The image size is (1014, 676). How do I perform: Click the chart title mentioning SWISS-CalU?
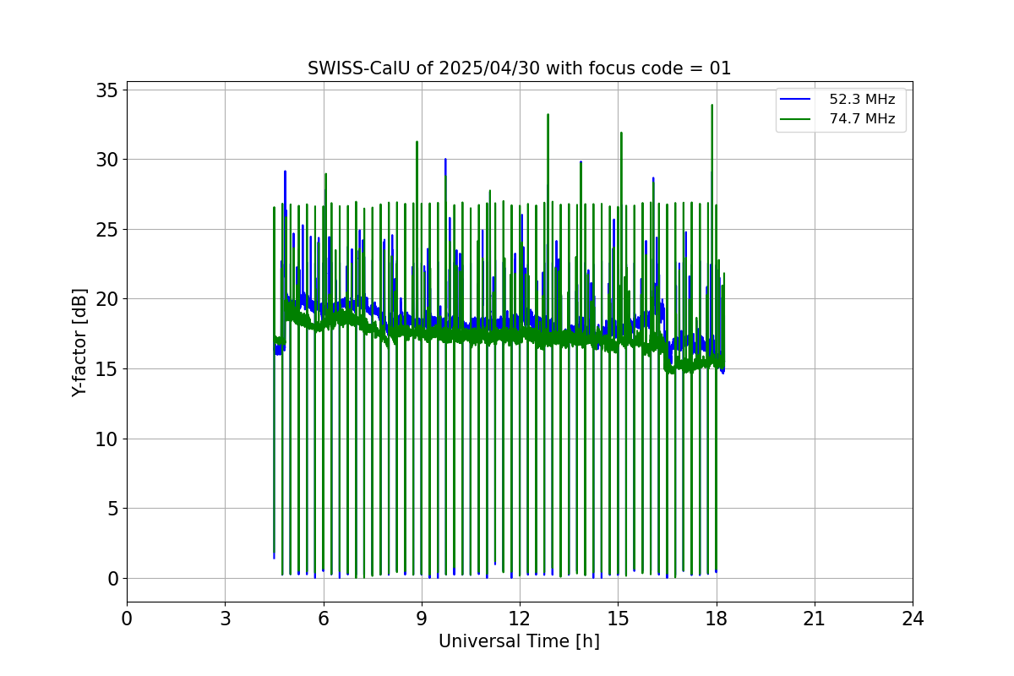coord(519,68)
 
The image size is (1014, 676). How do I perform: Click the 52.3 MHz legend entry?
coord(862,100)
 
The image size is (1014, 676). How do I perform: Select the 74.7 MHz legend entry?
coord(862,119)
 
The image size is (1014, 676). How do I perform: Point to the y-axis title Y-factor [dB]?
coord(79,342)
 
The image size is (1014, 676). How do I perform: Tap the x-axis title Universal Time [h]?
coord(519,641)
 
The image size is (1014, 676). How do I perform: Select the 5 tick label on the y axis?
coord(112,509)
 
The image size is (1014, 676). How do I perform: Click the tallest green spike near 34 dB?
coord(712,105)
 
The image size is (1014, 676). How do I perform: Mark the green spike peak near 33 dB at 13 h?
coord(548,114)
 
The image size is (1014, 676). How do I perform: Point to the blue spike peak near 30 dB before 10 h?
coord(445,159)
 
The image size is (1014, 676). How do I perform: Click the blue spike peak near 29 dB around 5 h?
coord(285,171)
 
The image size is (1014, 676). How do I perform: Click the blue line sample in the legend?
coord(795,100)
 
